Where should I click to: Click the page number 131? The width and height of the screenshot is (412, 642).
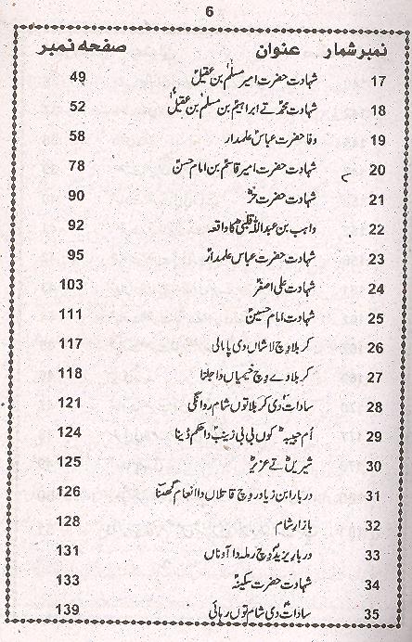pyautogui.click(x=72, y=550)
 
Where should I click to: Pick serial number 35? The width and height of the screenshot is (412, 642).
pyautogui.click(x=377, y=613)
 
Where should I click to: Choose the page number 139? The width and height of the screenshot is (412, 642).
pyautogui.click(x=72, y=609)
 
